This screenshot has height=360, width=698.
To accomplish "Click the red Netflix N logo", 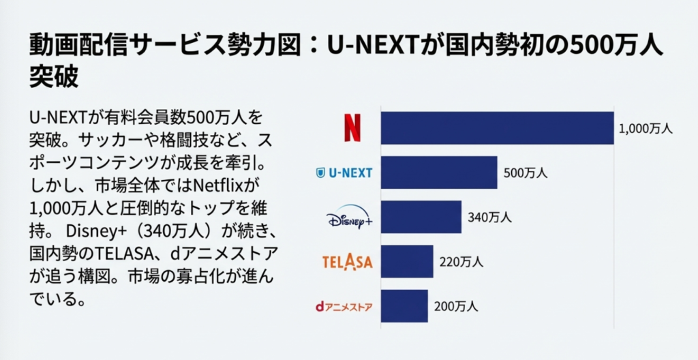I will coord(352,127).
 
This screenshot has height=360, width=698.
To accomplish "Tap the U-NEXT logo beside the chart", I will coord(345,172).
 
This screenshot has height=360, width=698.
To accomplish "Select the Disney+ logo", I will coord(349,218).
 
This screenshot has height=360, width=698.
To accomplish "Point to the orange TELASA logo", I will coord(347,262).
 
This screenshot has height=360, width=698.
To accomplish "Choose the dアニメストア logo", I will coord(344,306).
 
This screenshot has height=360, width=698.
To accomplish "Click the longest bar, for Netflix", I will coord(497,127).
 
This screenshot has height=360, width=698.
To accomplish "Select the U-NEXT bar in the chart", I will coord(438,172).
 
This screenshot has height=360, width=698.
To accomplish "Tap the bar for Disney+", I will coord(421,217).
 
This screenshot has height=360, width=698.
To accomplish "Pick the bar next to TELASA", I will coord(406,262).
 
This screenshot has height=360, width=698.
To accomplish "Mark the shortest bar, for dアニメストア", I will coord(404,306).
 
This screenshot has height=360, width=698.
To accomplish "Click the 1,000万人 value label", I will coord(646,128).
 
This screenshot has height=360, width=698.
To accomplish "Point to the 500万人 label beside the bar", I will coord(526,173).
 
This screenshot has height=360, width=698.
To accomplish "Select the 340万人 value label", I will coord(489,218).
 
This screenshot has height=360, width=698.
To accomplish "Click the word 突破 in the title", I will coord(54,76).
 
